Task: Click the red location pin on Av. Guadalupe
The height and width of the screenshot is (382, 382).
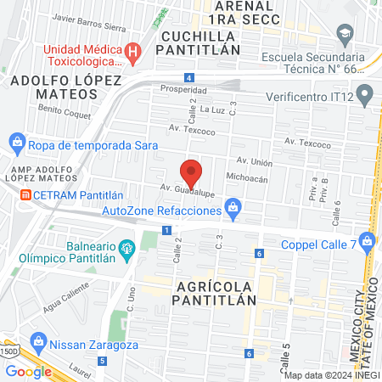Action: (192, 172)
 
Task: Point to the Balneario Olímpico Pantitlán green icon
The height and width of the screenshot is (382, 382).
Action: (127, 249)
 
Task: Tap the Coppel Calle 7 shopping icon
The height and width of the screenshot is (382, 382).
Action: (367, 241)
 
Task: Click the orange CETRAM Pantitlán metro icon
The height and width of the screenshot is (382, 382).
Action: (25, 195)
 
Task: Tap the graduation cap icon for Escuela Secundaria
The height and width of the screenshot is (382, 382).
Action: (344, 35)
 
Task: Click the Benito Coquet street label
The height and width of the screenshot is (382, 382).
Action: (59, 112)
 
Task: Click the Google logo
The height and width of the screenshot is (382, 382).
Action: (28, 371)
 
